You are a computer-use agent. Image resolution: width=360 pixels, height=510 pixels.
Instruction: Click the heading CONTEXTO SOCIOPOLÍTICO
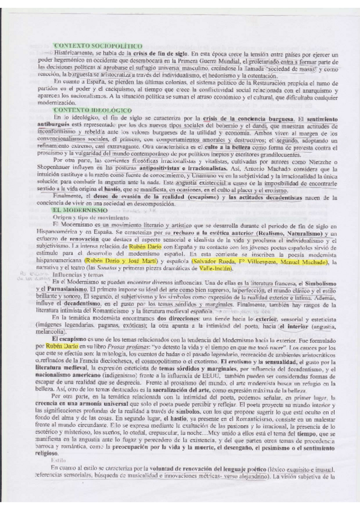(x=97, y=46)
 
